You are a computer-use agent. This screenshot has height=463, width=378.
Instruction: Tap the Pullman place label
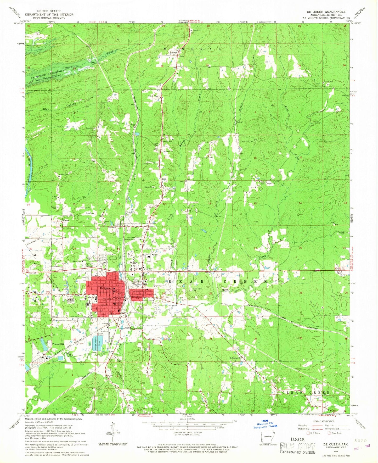173,52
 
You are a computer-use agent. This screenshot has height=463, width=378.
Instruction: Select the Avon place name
164,179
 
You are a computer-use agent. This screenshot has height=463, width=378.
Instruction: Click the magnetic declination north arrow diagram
114,437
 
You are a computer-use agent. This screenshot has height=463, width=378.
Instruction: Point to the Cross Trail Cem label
247,142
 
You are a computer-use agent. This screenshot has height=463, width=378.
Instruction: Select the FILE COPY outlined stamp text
297,446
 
